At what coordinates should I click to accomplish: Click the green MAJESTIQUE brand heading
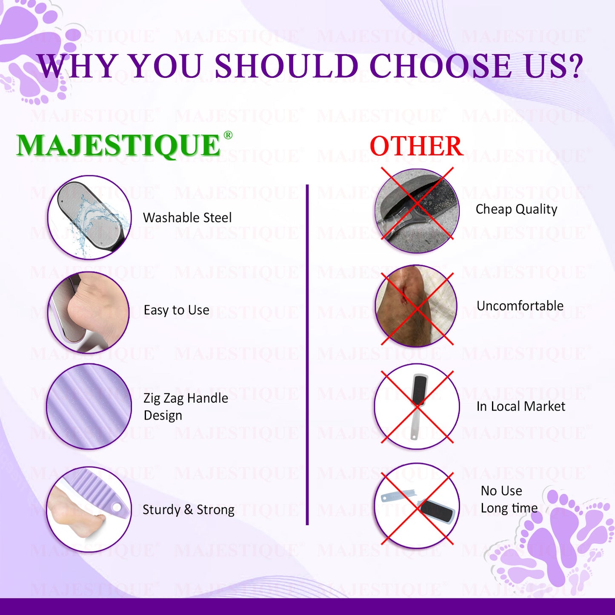pos(118,145)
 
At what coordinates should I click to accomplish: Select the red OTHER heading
pos(416,146)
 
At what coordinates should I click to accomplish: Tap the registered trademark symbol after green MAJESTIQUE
pos(228,135)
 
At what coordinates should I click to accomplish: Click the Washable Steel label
pos(187,217)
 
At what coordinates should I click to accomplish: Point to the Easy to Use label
pos(177,310)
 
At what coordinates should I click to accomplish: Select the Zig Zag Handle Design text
pos(186,406)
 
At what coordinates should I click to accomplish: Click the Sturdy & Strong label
pos(188,510)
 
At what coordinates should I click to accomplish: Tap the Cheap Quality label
pos(516,209)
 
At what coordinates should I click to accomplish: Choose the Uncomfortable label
pos(520,306)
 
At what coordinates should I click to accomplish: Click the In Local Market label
pos(521,406)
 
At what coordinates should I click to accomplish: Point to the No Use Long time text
pos(509,500)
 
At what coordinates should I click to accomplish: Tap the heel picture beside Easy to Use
pos(89,312)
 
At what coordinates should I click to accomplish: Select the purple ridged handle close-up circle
pos(89,406)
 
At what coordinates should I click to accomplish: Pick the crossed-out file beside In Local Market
pos(418,406)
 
